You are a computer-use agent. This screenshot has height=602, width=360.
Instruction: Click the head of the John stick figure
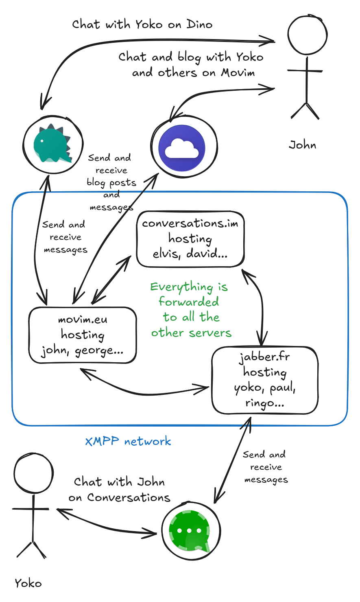pyautogui.click(x=308, y=35)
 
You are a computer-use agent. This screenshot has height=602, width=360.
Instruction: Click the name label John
pyautogui.click(x=302, y=145)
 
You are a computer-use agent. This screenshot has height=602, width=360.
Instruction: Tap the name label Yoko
pyautogui.click(x=28, y=583)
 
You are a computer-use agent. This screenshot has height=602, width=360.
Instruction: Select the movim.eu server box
pyautogui.click(x=82, y=335)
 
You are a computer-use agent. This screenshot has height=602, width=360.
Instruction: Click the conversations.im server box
pyautogui.click(x=190, y=239)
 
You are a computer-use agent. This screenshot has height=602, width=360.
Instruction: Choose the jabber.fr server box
pyautogui.click(x=264, y=380)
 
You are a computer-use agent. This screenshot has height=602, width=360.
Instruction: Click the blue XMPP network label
pyautogui.click(x=128, y=441)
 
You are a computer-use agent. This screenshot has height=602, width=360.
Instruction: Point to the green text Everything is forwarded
pyautogui.click(x=190, y=309)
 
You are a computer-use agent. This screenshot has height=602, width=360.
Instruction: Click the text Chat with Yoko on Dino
pyautogui.click(x=142, y=24)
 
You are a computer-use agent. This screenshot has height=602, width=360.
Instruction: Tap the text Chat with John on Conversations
pyautogui.click(x=119, y=490)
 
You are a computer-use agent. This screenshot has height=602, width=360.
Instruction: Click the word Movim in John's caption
pyautogui.click(x=238, y=73)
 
